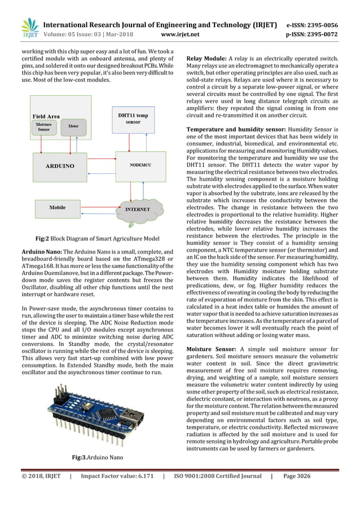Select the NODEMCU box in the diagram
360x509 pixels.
[x=140, y=166]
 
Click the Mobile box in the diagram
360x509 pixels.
[x=58, y=208]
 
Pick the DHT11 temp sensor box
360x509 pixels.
[x=133, y=118]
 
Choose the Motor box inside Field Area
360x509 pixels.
[x=72, y=126]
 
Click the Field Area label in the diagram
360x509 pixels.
[x=46, y=116]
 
